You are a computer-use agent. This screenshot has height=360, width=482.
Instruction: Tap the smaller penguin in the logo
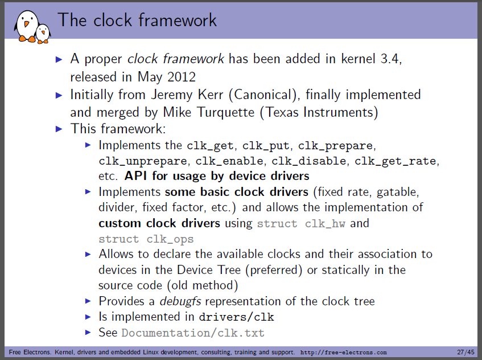coord(43,34)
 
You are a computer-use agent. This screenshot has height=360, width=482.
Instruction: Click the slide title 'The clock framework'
coord(137,21)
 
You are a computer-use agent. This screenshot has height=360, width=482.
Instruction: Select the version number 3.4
coord(390,59)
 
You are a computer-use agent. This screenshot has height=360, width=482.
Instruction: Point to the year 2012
coord(182,77)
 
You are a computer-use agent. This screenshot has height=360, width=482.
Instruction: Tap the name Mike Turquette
coord(209,112)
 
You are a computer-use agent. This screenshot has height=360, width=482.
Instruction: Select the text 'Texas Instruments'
coord(319,112)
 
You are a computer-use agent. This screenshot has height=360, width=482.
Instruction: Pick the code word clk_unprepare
coord(143,161)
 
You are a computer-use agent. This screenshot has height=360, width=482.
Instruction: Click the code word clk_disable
coord(308,161)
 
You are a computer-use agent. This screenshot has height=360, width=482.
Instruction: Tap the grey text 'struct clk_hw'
coord(301,223)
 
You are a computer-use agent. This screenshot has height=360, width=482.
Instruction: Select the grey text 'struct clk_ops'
coord(146,239)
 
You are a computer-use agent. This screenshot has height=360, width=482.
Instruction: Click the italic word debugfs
coord(180,301)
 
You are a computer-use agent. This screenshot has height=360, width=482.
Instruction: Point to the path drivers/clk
coord(236,317)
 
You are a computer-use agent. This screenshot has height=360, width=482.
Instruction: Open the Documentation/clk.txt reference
coord(193,333)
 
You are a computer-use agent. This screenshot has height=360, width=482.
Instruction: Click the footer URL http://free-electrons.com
coord(343,352)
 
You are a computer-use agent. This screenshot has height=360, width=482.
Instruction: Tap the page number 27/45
coord(465,352)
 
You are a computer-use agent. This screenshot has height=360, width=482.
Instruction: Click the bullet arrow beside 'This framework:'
coord(59,129)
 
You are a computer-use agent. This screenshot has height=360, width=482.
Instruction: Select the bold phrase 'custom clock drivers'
coord(159,223)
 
